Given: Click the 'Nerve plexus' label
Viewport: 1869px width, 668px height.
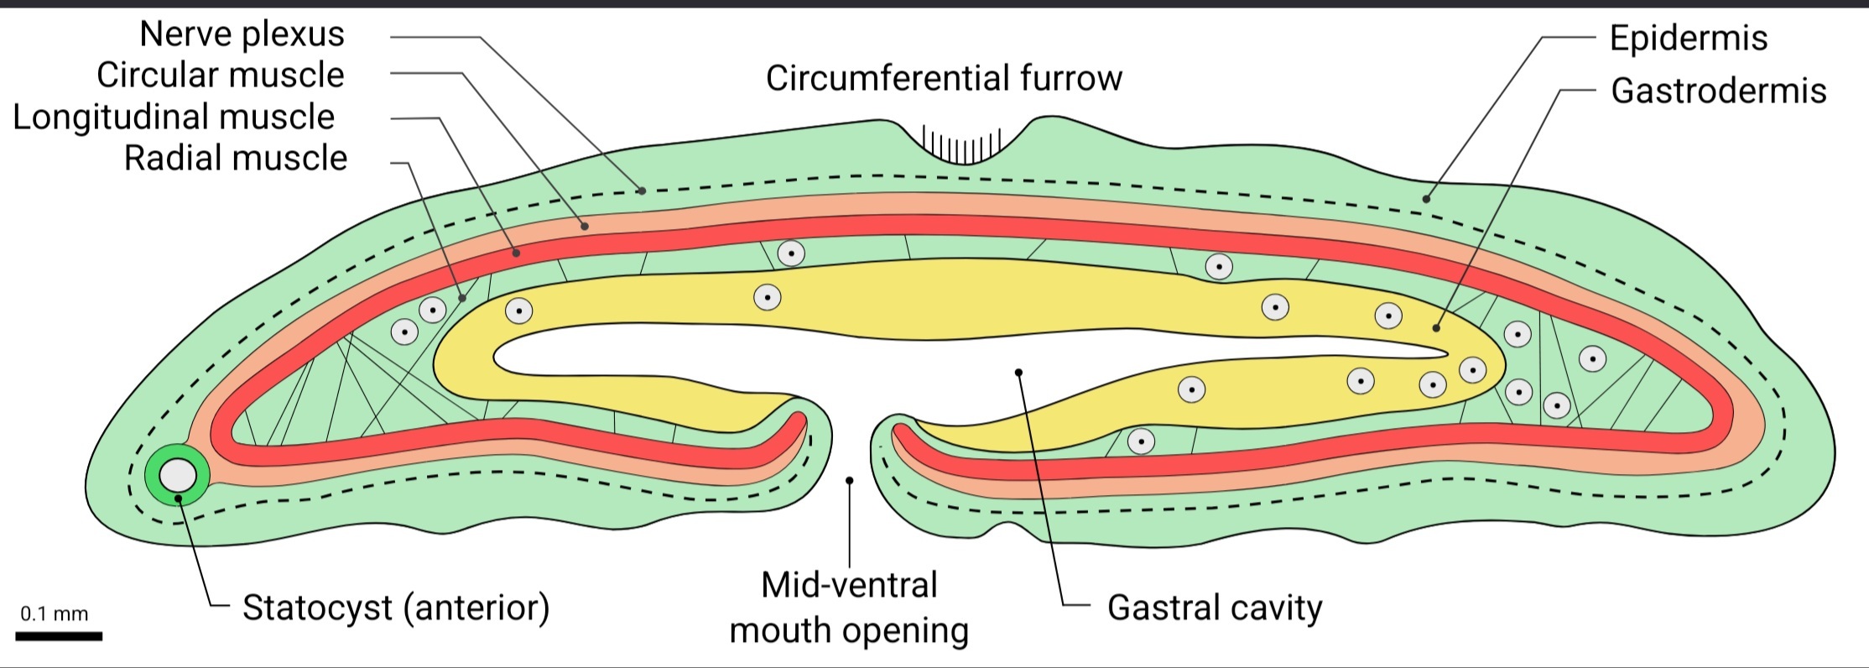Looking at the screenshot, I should pos(242,34).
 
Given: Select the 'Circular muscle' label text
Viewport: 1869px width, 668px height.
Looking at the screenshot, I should pos(221,76).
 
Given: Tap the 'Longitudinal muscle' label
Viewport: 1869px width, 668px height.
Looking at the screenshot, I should pos(174,117).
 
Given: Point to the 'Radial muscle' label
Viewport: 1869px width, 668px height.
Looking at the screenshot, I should pos(236,158).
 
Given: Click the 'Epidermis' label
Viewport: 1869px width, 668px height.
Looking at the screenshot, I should pos(1689,38).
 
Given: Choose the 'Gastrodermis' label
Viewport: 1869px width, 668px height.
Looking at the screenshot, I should pos(1719,91).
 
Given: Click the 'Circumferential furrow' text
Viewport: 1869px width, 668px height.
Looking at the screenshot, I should pos(944,78).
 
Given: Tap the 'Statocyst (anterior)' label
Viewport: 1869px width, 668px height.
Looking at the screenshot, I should pos(396,607).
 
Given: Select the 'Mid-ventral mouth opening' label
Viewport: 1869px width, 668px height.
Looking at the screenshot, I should pos(849,608).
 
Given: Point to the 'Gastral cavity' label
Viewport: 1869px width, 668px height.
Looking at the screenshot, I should pos(1215,607).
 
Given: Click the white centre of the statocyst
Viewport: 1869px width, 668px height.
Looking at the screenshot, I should pos(178,475).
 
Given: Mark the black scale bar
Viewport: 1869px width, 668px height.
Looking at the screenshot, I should pos(59,636).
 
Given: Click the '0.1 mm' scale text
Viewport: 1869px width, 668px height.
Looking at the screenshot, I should pos(55,613).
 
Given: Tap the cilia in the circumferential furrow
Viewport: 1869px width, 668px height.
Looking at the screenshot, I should pos(961,146).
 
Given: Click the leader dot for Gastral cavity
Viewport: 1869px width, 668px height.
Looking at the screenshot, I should pos(1018,372).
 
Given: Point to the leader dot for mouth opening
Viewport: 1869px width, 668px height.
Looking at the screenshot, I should pos(849,481).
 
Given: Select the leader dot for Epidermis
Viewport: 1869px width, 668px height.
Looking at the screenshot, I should pos(1425,199).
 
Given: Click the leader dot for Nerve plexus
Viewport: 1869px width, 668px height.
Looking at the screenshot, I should pos(642,191).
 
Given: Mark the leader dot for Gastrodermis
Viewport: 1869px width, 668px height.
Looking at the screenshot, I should pos(1436,328).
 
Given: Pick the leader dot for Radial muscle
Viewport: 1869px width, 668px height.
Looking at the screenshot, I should pos(462,298).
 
